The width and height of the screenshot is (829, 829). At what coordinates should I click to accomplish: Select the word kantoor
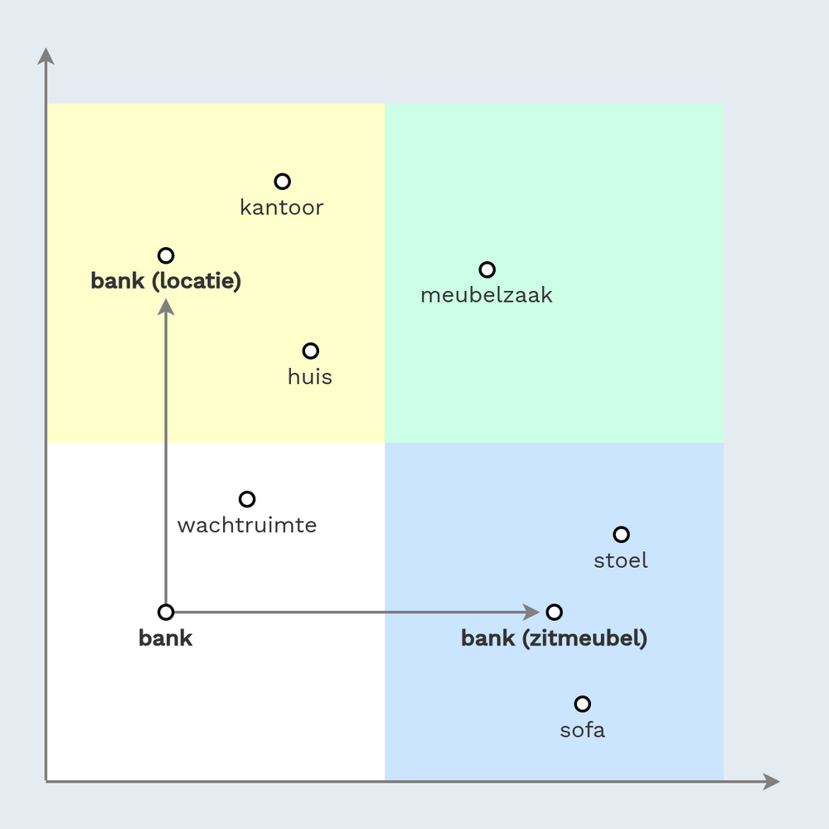pos(282,207)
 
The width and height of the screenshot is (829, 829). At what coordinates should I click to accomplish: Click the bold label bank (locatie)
pos(166,281)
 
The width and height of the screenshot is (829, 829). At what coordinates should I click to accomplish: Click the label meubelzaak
pos(487,295)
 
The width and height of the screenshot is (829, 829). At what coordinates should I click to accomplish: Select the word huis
pos(310,377)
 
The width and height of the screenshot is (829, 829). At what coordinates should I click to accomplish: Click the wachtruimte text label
pos(247,525)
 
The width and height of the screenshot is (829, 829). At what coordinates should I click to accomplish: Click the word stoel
pos(621,560)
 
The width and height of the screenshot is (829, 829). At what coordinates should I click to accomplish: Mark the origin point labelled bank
pos(166,613)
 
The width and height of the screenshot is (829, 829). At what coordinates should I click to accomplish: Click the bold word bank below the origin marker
pos(166,638)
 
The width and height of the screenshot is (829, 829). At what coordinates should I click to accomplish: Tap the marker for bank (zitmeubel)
pos(554,613)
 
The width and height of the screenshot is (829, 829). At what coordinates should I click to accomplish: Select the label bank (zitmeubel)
pos(554,638)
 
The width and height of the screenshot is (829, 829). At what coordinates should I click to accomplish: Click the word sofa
pos(582,730)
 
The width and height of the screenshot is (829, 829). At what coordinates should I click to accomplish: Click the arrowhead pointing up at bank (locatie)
pos(166,307)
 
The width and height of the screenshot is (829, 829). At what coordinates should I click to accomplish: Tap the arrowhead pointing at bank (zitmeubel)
pos(531,613)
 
